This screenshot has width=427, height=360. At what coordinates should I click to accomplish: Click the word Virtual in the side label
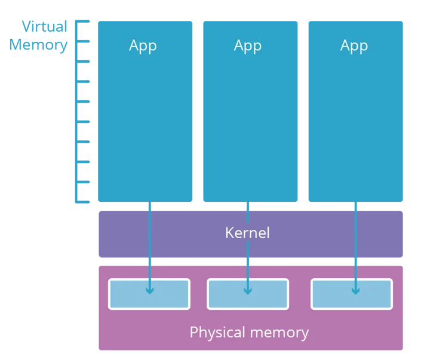pyautogui.click(x=44, y=26)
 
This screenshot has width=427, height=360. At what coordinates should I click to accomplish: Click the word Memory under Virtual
pyautogui.click(x=38, y=45)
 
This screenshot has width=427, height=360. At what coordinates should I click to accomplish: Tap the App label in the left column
pyautogui.click(x=143, y=46)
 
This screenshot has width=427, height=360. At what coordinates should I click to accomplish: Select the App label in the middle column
pyautogui.click(x=248, y=46)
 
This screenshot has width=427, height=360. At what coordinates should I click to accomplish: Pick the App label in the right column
pyautogui.click(x=354, y=46)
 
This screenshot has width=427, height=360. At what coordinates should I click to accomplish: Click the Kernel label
pyautogui.click(x=247, y=233)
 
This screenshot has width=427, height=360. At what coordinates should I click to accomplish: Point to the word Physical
pyautogui.click(x=217, y=333)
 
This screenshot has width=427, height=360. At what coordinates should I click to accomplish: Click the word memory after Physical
pyautogui.click(x=279, y=333)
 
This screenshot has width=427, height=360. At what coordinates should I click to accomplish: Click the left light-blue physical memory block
pyautogui.click(x=149, y=294)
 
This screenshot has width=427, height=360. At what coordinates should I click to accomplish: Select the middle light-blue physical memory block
pyautogui.click(x=248, y=294)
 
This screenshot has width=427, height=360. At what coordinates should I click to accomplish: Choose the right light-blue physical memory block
pyautogui.click(x=352, y=294)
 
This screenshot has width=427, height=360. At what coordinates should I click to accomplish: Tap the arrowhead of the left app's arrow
pyautogui.click(x=150, y=291)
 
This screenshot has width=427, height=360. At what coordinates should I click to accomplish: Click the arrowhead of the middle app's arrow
pyautogui.click(x=248, y=291)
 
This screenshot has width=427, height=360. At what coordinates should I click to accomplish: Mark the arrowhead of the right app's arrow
pyautogui.click(x=356, y=291)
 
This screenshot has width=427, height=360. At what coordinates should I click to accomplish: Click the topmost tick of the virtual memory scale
pyautogui.click(x=83, y=21)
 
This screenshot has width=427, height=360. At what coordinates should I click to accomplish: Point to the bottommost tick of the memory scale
pyautogui.click(x=83, y=202)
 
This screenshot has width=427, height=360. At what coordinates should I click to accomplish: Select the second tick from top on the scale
pyautogui.click(x=84, y=41)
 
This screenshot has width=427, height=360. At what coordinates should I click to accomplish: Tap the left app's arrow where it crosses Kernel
pyautogui.click(x=150, y=234)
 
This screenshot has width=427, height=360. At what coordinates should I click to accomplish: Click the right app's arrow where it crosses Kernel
pyautogui.click(x=356, y=234)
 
